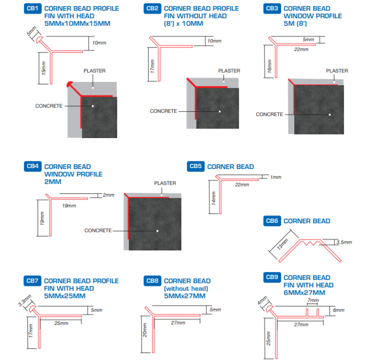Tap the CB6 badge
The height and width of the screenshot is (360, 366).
tap(272, 220)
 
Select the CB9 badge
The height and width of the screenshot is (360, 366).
tap(272, 277)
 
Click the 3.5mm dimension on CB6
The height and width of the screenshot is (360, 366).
tap(345, 242)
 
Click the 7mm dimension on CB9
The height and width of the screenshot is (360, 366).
tap(313, 301)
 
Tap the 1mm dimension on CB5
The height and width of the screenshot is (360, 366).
tap(275, 177)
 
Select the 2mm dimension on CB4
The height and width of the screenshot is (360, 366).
tap(109, 195)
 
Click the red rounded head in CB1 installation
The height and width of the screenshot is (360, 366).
tap(70, 85)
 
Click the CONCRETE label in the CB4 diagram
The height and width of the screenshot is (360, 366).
tap(98, 230)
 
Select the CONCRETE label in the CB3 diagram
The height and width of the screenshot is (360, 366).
tap(269, 114)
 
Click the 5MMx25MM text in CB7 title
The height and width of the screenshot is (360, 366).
tap(65, 296)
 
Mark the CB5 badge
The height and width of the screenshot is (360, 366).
tap(196, 166)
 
